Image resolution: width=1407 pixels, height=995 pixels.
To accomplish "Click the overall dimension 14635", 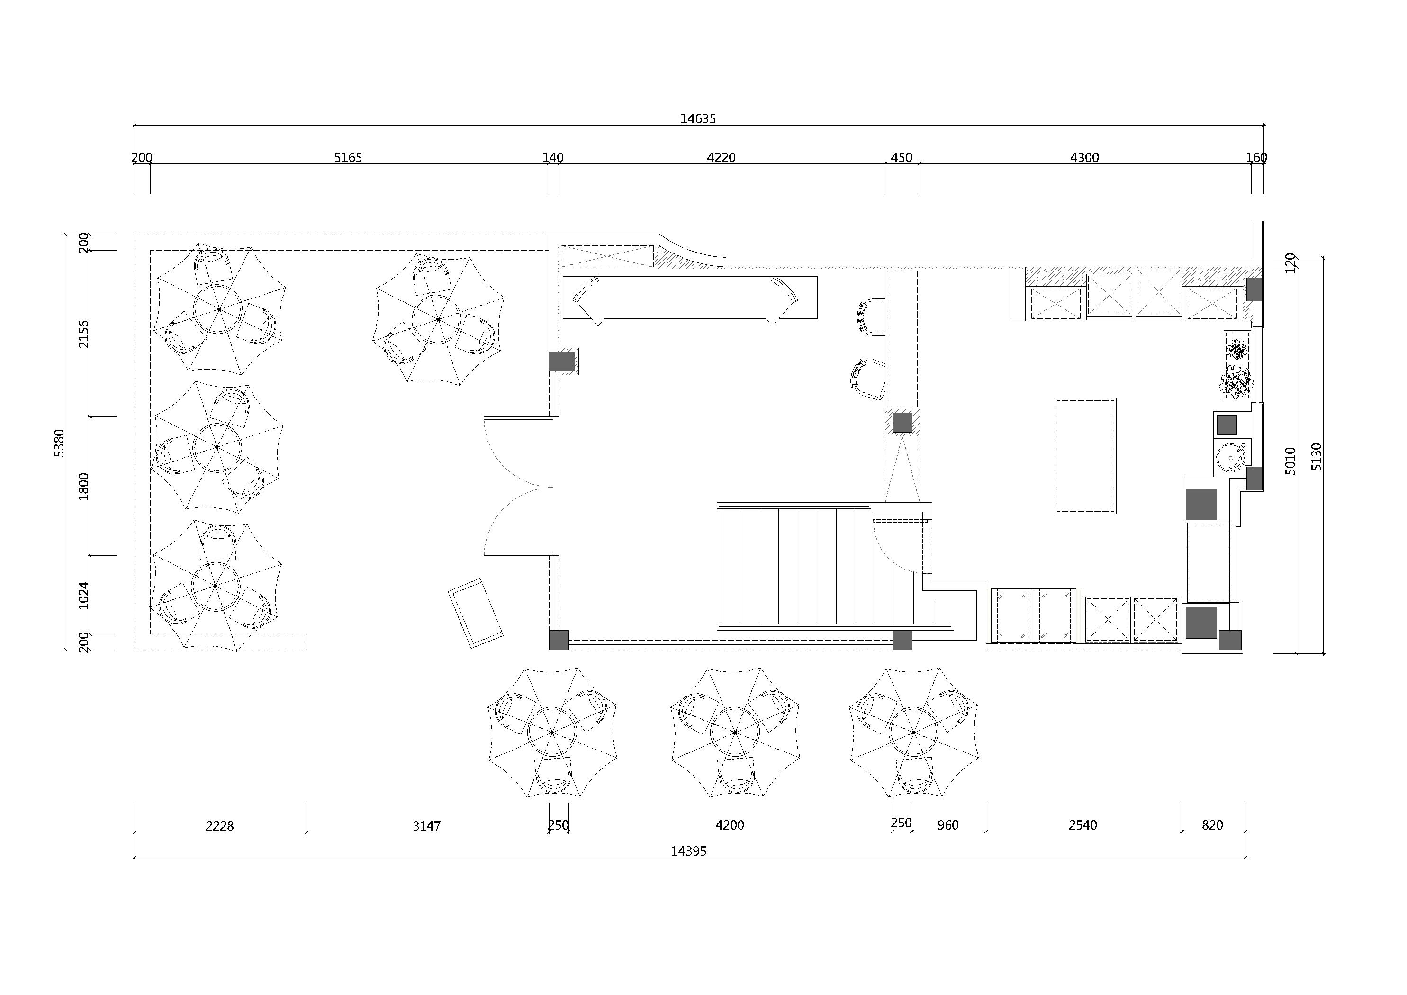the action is tap(697, 119).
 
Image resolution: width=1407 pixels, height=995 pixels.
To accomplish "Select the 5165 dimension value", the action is tap(348, 158).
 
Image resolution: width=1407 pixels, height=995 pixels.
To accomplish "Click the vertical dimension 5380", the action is tap(59, 443).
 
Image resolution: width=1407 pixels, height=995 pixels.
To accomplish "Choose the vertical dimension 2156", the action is tap(83, 334).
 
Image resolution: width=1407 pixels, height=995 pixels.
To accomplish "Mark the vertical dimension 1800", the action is tap(83, 486).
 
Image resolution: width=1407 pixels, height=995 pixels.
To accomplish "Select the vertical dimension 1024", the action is tap(83, 595).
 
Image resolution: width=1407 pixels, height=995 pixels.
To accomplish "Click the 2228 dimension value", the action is tap(219, 826).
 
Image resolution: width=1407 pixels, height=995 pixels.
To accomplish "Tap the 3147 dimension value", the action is tap(426, 826).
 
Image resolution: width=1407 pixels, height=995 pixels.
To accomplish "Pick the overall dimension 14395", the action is tap(688, 851).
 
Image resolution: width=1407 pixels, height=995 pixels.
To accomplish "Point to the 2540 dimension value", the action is tap(1083, 825).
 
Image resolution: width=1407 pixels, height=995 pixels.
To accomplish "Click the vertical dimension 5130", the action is tap(1317, 457).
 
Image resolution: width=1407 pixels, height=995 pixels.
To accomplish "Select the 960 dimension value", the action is tap(948, 825).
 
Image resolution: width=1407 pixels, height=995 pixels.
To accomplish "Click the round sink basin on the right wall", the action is tap(1230, 457).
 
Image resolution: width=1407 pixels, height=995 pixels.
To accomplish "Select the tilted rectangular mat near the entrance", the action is tap(476, 613).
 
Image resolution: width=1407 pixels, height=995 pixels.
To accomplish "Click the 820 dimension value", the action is tap(1212, 825).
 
